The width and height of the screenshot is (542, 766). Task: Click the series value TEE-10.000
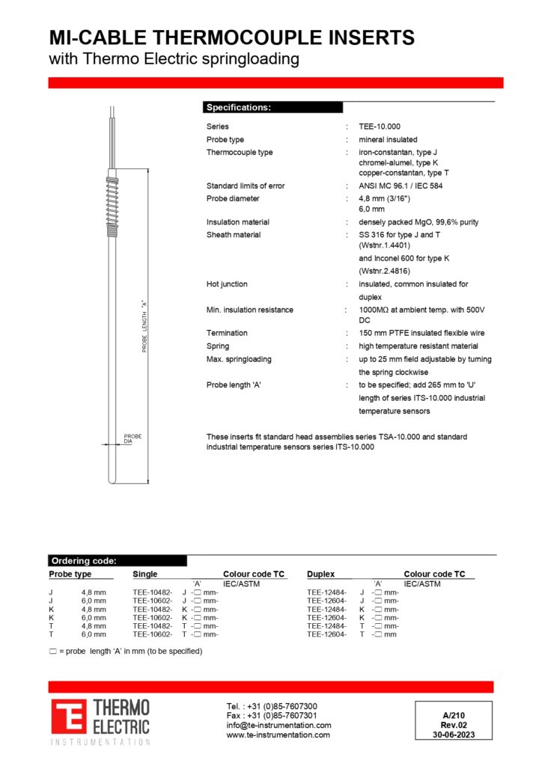pyautogui.click(x=380, y=126)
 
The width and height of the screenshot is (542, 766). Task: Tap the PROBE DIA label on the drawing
pyautogui.click(x=133, y=439)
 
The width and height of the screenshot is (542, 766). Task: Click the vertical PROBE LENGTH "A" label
pyautogui.click(x=144, y=326)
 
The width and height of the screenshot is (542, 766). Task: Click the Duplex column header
pyautogui.click(x=320, y=574)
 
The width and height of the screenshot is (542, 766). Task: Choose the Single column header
pyautogui.click(x=145, y=574)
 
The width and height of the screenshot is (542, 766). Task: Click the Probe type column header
pyautogui.click(x=70, y=574)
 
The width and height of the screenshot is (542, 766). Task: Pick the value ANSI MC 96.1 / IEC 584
pyautogui.click(x=401, y=186)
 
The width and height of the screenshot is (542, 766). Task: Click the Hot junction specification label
pyautogui.click(x=227, y=284)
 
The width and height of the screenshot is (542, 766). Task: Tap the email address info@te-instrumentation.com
pyautogui.click(x=278, y=725)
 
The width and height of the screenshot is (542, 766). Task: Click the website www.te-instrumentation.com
pyautogui.click(x=278, y=735)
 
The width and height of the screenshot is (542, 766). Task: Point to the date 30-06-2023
pyautogui.click(x=454, y=735)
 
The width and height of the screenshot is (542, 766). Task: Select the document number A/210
pyautogui.click(x=454, y=715)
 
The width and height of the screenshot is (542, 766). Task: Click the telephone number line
pyautogui.click(x=272, y=706)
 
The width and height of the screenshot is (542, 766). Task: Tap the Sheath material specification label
pyautogui.click(x=234, y=235)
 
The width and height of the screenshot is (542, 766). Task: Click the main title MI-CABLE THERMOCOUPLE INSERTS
pyautogui.click(x=231, y=37)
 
